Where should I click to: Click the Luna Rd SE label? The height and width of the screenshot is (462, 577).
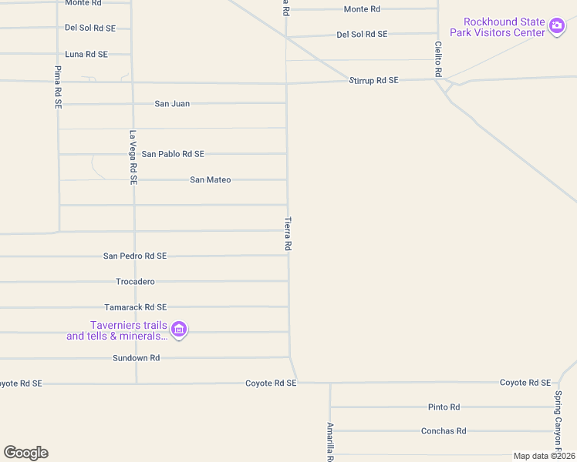click(86, 54)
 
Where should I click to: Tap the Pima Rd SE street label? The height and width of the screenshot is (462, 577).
click(58, 86)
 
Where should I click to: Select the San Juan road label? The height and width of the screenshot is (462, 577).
click(172, 103)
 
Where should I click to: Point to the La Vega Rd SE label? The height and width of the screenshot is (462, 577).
click(133, 157)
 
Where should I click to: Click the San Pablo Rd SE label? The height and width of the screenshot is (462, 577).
click(173, 154)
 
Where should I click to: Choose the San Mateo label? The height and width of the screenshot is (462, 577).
click(211, 179)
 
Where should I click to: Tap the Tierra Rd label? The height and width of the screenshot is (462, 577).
click(288, 233)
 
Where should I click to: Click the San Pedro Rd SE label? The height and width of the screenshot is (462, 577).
click(135, 256)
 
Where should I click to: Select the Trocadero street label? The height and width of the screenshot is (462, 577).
click(135, 282)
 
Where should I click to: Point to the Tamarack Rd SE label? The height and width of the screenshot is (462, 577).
click(136, 307)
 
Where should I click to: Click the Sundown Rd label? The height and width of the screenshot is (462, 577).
click(136, 358)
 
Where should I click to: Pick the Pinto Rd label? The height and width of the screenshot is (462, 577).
click(444, 407)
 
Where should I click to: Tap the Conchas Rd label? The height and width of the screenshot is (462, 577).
click(444, 431)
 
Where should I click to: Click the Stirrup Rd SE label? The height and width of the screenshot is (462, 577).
click(373, 80)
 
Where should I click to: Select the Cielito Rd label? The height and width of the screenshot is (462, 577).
click(437, 59)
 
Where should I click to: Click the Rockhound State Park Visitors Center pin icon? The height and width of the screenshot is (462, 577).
click(557, 27)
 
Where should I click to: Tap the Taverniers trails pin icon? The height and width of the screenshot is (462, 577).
click(179, 330)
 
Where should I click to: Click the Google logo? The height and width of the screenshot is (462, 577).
click(25, 453)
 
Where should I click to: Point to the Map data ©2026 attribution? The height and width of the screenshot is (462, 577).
click(544, 456)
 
